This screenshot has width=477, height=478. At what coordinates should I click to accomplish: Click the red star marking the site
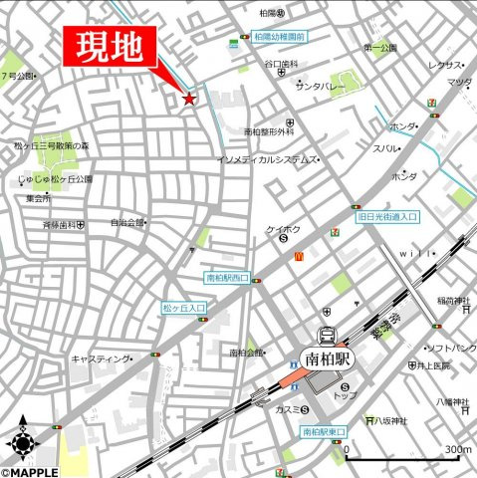[188, 99]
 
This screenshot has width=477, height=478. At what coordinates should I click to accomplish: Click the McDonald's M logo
[298, 256]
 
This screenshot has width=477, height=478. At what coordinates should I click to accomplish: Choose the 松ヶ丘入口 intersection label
[183, 310]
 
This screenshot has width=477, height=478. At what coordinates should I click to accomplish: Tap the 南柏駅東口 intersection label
[323, 432]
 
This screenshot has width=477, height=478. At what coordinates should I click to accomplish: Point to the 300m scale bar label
[457, 449]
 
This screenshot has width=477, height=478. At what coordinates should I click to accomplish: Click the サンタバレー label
[321, 86]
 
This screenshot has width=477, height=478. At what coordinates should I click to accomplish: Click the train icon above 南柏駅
[326, 336]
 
